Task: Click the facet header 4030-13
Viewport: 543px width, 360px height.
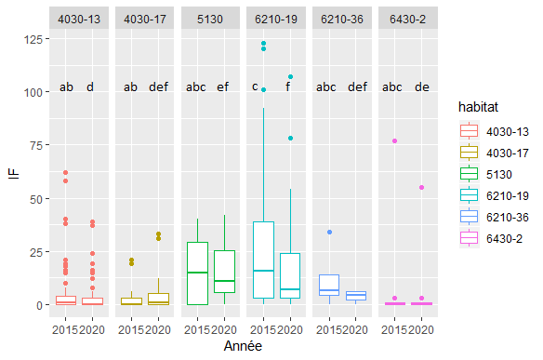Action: point(79,20)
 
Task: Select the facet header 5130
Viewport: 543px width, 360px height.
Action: point(210,20)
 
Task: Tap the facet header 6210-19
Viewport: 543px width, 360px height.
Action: point(276,20)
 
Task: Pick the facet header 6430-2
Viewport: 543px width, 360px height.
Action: point(407,20)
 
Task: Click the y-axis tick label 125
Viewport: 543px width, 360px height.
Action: point(33,39)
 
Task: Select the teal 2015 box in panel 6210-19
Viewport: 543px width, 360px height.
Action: point(262,260)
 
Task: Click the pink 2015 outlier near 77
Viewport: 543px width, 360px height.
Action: point(394,140)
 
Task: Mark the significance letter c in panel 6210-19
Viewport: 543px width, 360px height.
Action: point(255,87)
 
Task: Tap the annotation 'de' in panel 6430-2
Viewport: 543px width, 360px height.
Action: point(421,87)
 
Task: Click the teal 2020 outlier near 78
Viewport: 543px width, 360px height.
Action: point(290,138)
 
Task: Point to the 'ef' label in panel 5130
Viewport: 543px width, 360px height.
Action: point(224,87)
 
